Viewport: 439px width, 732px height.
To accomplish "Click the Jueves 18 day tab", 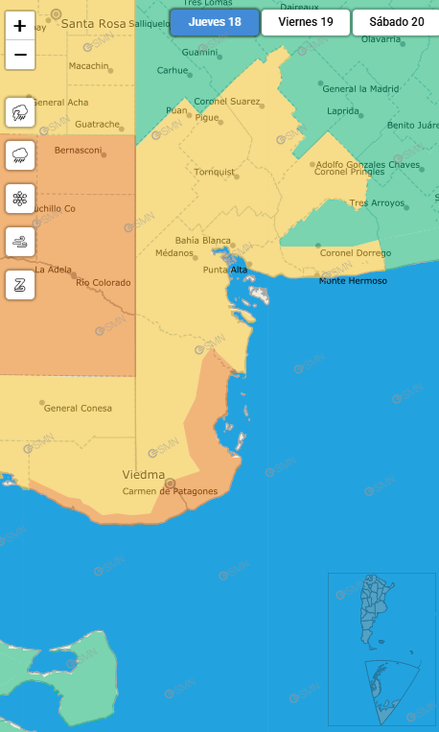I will pyautogui.click(x=214, y=23).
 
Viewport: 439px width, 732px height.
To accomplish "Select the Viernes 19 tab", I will pyautogui.click(x=306, y=23).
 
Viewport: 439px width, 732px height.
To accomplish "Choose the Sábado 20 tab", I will pyautogui.click(x=396, y=23).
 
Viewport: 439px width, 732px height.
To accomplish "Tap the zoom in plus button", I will pyautogui.click(x=20, y=26).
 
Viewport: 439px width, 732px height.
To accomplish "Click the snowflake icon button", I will pyautogui.click(x=20, y=199).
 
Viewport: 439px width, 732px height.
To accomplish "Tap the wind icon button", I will pyautogui.click(x=20, y=242).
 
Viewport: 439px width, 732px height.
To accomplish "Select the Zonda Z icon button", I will pyautogui.click(x=20, y=284).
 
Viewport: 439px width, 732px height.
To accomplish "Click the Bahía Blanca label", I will pyautogui.click(x=203, y=241).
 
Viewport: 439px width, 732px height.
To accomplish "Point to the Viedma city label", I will pyautogui.click(x=143, y=475).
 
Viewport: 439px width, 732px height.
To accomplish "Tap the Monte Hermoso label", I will pyautogui.click(x=353, y=281).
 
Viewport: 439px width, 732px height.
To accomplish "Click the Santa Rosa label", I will pyautogui.click(x=93, y=24).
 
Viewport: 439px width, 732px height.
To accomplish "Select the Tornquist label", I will pyautogui.click(x=214, y=172).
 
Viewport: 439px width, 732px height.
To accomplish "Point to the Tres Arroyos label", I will pyautogui.click(x=377, y=203).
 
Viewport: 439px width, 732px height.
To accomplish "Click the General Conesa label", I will pyautogui.click(x=78, y=408).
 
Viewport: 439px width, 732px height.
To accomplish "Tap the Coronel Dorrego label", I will pyautogui.click(x=355, y=253).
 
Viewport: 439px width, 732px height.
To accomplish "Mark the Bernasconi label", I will pyautogui.click(x=78, y=150).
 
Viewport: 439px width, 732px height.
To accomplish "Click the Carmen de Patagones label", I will pyautogui.click(x=170, y=491).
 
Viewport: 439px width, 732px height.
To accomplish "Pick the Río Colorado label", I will pyautogui.click(x=103, y=283).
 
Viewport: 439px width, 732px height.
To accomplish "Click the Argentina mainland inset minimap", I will pyautogui.click(x=378, y=613).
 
